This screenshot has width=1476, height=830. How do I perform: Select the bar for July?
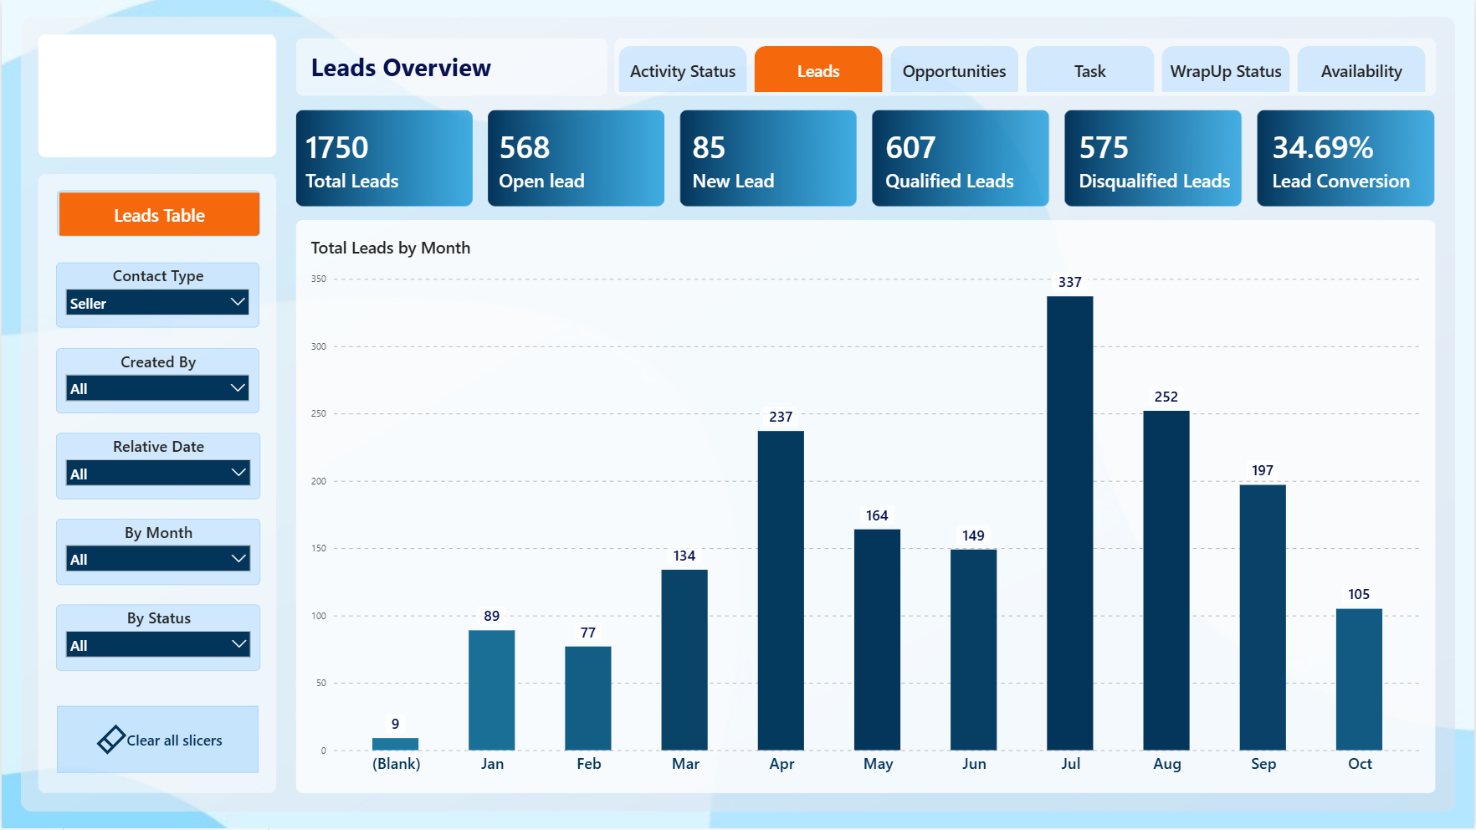click(x=1069, y=523)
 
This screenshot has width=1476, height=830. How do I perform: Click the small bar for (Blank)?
click(x=395, y=744)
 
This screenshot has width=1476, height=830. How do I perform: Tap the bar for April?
click(x=781, y=591)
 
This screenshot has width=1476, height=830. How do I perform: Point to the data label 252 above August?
click(x=1166, y=397)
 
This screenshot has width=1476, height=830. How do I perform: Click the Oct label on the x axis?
click(x=1360, y=764)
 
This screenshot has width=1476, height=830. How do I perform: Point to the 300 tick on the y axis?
click(x=319, y=346)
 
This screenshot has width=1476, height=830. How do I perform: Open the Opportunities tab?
click(x=954, y=71)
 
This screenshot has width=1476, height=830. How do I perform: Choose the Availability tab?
click(x=1361, y=71)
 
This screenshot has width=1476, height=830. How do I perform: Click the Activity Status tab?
click(x=683, y=71)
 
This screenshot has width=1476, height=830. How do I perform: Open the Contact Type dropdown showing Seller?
click(x=157, y=303)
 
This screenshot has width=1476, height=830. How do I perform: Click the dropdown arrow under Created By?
click(x=238, y=387)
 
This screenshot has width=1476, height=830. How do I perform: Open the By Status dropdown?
click(x=157, y=645)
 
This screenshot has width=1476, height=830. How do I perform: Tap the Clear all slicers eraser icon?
click(x=111, y=740)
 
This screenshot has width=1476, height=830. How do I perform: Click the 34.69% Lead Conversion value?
click(x=1323, y=148)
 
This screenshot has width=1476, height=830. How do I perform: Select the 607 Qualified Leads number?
click(x=910, y=148)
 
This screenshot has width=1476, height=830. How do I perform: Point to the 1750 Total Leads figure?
click(x=336, y=148)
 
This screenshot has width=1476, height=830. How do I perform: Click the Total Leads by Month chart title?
click(x=391, y=248)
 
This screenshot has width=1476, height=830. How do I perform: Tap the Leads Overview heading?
click(x=401, y=68)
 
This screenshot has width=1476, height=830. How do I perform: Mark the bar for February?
click(x=588, y=699)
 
